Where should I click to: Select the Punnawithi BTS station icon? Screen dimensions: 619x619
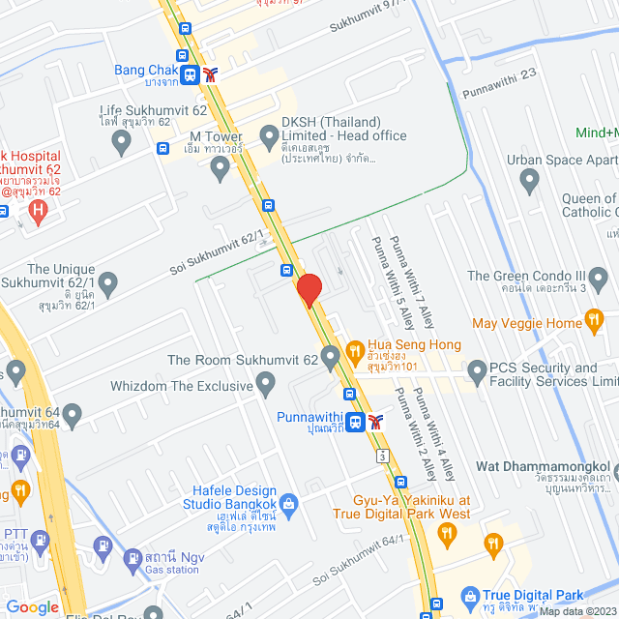pyautogui.click(x=356, y=421)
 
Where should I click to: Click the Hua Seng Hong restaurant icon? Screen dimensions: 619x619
pyautogui.click(x=354, y=348)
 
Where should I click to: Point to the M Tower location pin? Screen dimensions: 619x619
pyautogui.click(x=220, y=169)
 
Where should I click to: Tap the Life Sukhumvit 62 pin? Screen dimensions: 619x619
pyautogui.click(x=121, y=143)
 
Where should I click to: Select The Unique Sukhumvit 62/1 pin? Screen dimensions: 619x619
pyautogui.click(x=108, y=284)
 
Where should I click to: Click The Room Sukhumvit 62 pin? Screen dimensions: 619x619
pyautogui.click(x=331, y=360)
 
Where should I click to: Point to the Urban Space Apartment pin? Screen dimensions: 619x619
pyautogui.click(x=529, y=179)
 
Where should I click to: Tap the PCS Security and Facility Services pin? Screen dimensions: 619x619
pyautogui.click(x=476, y=370)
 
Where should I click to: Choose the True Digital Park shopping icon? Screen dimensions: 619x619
pyautogui.click(x=471, y=597)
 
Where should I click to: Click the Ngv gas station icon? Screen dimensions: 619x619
pyautogui.click(x=132, y=558)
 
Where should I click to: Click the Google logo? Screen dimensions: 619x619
pyautogui.click(x=33, y=606)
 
